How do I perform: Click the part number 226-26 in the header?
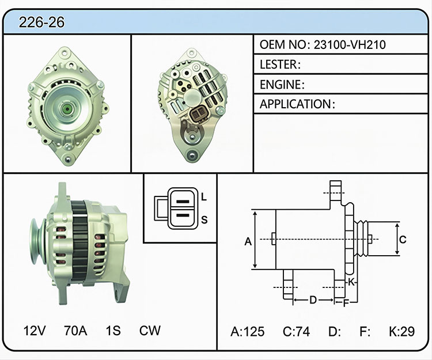click(x=41, y=22)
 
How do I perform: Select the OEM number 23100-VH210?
click(x=350, y=44)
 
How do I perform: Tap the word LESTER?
click(x=278, y=65)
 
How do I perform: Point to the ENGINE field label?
click(x=280, y=85)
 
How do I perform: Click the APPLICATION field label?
click(x=295, y=104)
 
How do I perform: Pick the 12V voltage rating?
click(x=35, y=331)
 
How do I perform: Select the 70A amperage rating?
click(x=75, y=331)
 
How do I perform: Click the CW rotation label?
click(x=150, y=331)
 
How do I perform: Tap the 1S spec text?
click(x=113, y=331)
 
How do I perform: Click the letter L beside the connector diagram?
click(x=204, y=197)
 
